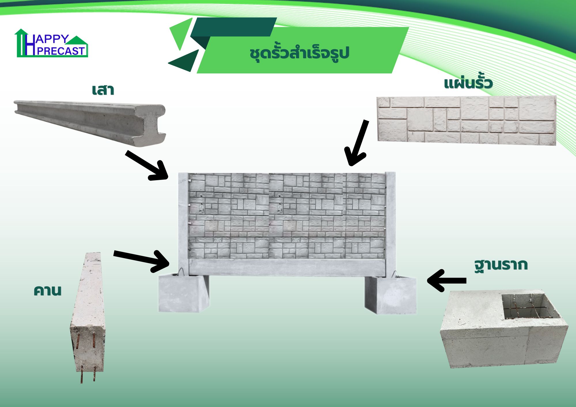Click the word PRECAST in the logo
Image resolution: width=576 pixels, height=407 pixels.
(61, 51)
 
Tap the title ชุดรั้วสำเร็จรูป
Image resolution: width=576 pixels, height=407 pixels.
(299, 53)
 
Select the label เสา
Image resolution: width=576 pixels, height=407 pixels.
(103, 90)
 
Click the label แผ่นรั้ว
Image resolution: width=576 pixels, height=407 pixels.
(468, 83)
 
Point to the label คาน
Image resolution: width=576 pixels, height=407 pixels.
(48, 290)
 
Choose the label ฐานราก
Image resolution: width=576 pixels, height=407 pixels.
(501, 265)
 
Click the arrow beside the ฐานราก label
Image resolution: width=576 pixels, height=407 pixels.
(447, 280)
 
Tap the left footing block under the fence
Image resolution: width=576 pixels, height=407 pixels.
(184, 293)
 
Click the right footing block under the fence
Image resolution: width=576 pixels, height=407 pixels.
(391, 295)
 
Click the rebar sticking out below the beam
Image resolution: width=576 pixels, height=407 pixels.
(88, 374)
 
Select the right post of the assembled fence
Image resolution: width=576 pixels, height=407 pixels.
(391, 225)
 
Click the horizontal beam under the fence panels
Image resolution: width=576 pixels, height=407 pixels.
(287, 267)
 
